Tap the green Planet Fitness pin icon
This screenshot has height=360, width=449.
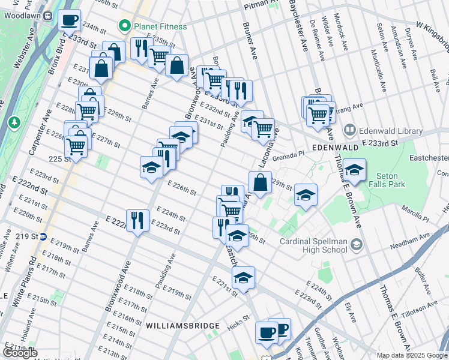125,26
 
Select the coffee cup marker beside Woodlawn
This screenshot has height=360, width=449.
70,20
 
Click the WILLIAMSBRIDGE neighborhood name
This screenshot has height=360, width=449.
182,326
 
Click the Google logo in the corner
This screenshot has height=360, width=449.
20,353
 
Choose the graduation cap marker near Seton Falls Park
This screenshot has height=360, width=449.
354,169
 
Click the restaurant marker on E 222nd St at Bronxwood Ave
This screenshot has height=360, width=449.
137,220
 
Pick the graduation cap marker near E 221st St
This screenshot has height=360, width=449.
243,278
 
